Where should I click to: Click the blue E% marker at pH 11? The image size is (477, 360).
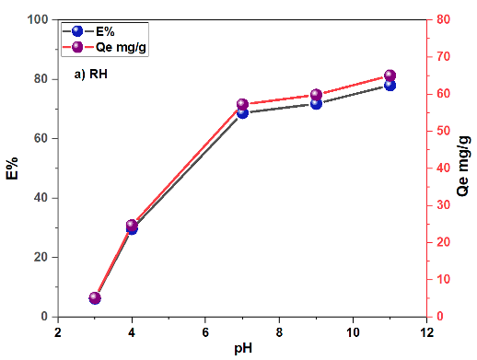(x=390, y=86)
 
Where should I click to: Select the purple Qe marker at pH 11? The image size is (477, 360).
(x=390, y=75)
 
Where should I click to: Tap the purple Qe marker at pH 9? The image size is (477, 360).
(x=316, y=95)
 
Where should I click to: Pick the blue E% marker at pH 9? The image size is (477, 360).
(x=316, y=104)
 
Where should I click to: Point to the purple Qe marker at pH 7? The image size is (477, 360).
(x=242, y=105)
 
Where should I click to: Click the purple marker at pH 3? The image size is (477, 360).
(x=95, y=297)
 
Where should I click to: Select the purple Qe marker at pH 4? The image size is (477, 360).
(x=132, y=226)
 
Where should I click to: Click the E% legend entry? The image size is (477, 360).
(x=88, y=31)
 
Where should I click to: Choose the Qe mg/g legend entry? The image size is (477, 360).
(x=104, y=47)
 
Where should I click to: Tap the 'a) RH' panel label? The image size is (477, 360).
(x=91, y=75)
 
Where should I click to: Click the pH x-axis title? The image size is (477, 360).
(x=243, y=349)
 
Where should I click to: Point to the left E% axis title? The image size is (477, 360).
(x=12, y=168)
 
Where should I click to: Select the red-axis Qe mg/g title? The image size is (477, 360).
(x=463, y=166)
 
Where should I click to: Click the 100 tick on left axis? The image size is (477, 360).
(x=38, y=19)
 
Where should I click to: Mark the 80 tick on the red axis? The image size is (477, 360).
(x=443, y=19)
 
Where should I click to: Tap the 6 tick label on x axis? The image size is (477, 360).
(x=205, y=332)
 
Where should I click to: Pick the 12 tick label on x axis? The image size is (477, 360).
(x=426, y=332)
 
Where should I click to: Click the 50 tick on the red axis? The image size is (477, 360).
(x=443, y=131)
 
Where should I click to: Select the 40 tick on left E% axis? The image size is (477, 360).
(x=41, y=198)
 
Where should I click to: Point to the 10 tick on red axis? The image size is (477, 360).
(x=443, y=279)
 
